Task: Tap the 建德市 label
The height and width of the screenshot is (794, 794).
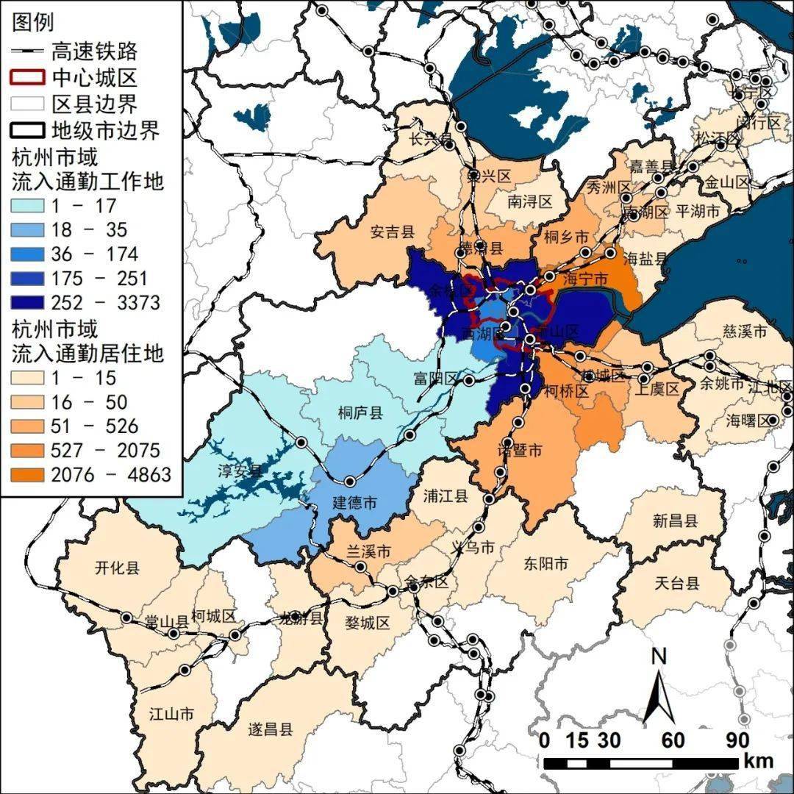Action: (x=355, y=504)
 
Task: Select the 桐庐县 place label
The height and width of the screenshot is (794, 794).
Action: (x=360, y=412)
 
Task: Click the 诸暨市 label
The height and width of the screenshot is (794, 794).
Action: (x=520, y=449)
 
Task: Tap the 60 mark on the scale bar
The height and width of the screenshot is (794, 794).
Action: (x=673, y=740)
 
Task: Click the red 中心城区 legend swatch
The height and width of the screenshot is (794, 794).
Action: (x=29, y=76)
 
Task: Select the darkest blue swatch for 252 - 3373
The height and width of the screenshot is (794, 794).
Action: (x=29, y=303)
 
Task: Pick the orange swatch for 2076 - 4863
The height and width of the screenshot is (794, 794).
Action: (x=29, y=475)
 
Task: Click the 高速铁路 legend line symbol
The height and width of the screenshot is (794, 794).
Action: (x=29, y=51)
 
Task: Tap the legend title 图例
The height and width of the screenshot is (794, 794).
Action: (x=33, y=23)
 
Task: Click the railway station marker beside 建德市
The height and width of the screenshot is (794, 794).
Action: (x=350, y=481)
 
